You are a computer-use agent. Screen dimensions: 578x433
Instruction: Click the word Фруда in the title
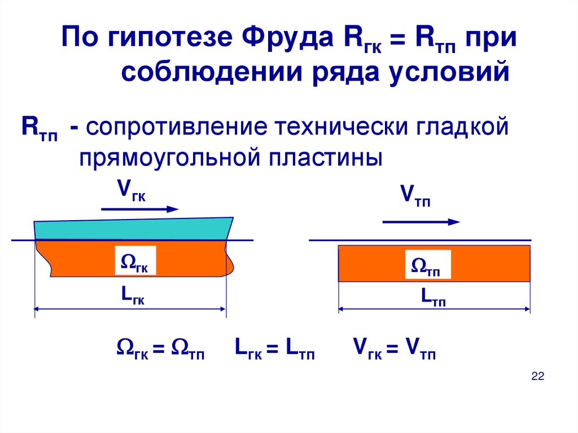[285, 42]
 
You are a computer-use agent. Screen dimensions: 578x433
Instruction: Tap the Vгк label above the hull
[132, 192]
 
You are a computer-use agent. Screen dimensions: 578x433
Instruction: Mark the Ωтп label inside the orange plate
[427, 265]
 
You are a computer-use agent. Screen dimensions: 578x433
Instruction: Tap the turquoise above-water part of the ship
[133, 228]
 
